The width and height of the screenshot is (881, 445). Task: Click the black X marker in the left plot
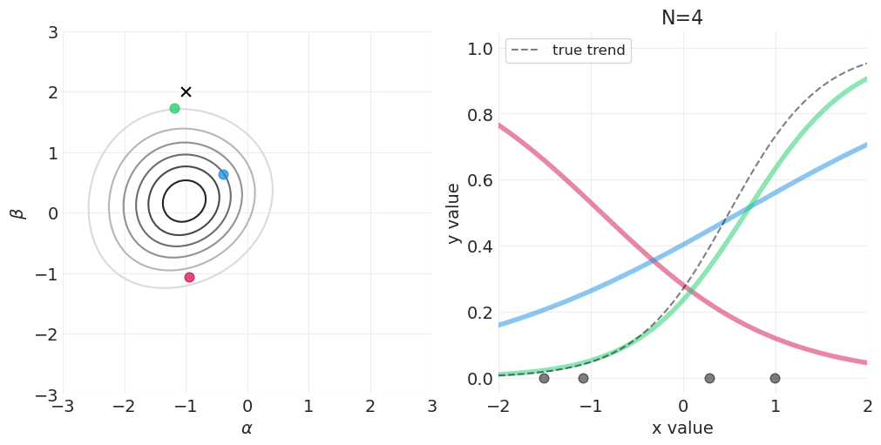tap(186, 91)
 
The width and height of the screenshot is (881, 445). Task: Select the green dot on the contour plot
tap(174, 108)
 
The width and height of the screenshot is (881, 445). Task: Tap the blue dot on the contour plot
tap(223, 174)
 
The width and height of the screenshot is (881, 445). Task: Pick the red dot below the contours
tap(189, 277)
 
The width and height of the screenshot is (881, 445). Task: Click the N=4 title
tap(682, 18)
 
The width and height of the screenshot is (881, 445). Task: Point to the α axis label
tap(247, 428)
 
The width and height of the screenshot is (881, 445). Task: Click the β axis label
tap(17, 213)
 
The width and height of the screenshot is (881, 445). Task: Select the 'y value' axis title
tap(453, 213)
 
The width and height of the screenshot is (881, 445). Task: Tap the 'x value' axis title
tap(682, 428)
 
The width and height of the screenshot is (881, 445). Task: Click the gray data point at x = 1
tap(775, 378)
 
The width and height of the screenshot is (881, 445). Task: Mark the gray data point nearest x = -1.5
tap(544, 378)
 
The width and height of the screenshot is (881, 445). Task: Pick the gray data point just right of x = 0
tap(709, 378)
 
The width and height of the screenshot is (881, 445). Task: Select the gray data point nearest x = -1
tap(583, 378)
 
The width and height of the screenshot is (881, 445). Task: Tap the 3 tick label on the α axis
tap(431, 407)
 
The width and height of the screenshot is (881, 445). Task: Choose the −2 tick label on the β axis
tap(44, 334)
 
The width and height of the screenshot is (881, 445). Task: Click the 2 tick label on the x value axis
tap(867, 407)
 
